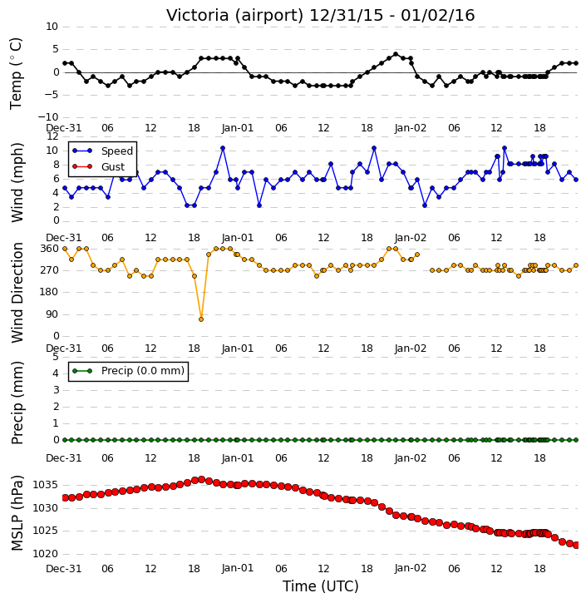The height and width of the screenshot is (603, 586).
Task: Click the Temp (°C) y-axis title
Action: [x=16, y=73]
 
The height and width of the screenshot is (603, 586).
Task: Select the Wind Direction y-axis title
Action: [x=17, y=293]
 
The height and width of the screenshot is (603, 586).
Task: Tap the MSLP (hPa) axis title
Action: [x=17, y=513]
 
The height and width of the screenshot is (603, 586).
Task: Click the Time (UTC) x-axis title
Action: [x=321, y=586]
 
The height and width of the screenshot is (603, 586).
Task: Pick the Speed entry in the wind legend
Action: [x=102, y=151]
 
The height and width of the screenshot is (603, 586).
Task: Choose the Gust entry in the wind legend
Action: [x=99, y=166]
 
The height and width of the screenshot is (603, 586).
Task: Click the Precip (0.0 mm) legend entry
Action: [x=128, y=371]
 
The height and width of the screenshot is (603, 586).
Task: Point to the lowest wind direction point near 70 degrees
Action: [x=201, y=319]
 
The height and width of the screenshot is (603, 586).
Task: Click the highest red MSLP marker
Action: [x=201, y=480]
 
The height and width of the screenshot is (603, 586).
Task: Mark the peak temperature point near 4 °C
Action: [x=396, y=54]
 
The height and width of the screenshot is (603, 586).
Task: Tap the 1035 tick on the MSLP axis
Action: [x=46, y=485]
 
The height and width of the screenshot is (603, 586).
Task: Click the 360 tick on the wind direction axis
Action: [x=50, y=249]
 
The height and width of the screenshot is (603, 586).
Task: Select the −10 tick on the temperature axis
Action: [x=48, y=117]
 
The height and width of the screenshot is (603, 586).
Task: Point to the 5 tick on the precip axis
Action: [x=56, y=357]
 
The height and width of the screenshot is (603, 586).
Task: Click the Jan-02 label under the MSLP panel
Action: [x=411, y=568]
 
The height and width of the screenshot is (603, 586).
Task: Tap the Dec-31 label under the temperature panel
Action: [x=64, y=128]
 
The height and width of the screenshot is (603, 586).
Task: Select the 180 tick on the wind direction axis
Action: [x=50, y=292]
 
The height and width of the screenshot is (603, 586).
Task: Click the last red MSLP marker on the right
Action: [x=576, y=545]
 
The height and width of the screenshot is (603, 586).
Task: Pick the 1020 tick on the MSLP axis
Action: [x=46, y=554]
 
